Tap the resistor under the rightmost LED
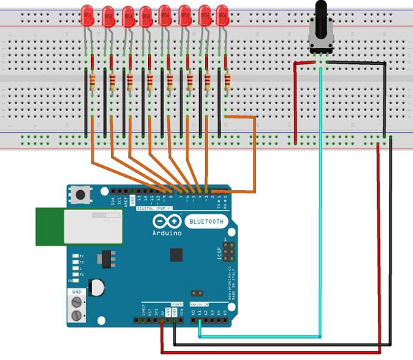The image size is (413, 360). (226, 83)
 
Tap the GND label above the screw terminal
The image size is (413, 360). (75, 292)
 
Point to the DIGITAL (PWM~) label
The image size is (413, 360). (155, 207)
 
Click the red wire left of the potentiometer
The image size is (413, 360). (295, 103)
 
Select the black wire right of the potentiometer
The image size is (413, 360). (384, 103)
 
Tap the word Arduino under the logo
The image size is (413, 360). (167, 233)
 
